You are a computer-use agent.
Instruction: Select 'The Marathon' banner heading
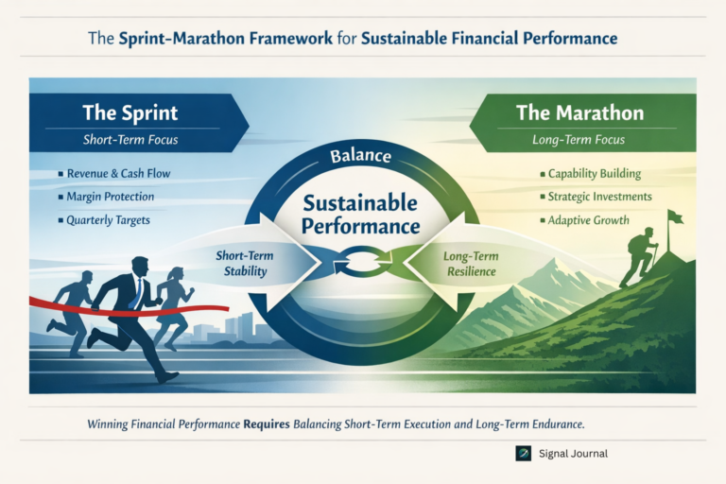(x=579, y=112)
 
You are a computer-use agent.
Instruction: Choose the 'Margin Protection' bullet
(x=110, y=198)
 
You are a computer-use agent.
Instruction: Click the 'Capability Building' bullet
(x=594, y=174)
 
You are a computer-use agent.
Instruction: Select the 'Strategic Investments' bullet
(x=599, y=197)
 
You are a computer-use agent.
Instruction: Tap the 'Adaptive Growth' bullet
(x=587, y=219)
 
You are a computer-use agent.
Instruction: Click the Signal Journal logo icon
(x=523, y=453)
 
